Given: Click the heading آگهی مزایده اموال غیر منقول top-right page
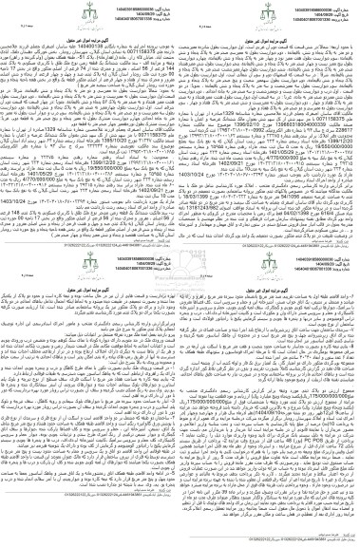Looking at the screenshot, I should [270, 32].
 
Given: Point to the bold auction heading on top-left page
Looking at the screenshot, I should [91, 32].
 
